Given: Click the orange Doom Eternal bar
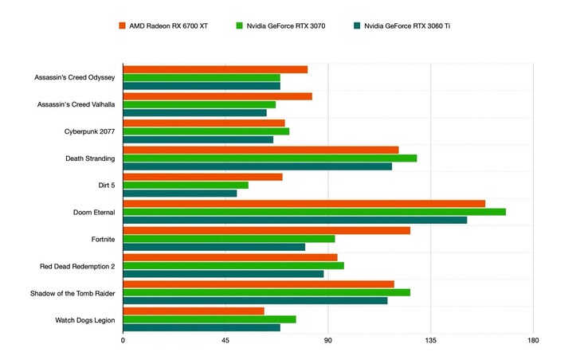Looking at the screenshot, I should [304, 203].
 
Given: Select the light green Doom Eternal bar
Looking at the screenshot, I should [314, 212].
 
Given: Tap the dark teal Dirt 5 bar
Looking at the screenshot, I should [179, 193].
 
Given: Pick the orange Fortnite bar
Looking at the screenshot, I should [266, 230].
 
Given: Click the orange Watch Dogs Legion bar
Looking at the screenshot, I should [193, 311].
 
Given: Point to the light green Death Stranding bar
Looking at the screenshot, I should [269, 158].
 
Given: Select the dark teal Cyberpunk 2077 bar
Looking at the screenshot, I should [198, 139].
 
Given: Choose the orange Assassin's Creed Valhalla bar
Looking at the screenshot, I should [217, 96].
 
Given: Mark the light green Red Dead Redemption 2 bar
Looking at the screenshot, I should [233, 265].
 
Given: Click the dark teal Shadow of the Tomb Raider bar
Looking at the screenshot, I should [255, 300].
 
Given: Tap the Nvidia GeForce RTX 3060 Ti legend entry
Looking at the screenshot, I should [406, 26].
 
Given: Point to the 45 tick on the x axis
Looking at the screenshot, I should [225, 341].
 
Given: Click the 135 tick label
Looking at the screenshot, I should [431, 341].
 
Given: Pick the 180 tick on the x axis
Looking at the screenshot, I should [534, 341].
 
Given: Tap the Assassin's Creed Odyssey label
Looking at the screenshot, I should [75, 77].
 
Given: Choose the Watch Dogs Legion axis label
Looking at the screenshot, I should [85, 319].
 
